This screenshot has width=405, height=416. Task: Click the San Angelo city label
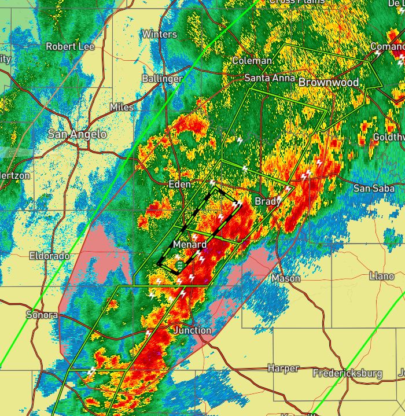pyautogui.click(x=77, y=134)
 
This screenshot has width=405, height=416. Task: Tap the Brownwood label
pyautogui.click(x=329, y=83)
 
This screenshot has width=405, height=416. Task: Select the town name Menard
pyautogui.click(x=190, y=245)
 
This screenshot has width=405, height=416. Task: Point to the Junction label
pyautogui.click(x=193, y=330)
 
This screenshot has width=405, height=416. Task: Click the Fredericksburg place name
pyautogui.click(x=347, y=373)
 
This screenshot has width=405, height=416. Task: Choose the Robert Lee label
pyautogui.click(x=70, y=46)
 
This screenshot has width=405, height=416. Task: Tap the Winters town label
pyautogui.click(x=159, y=34)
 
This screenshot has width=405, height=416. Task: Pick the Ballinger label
pyautogui.click(x=163, y=78)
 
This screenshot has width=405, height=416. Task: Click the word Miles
pyautogui.click(x=122, y=108)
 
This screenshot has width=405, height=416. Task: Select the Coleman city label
pyautogui.click(x=252, y=61)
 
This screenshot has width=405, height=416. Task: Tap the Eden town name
pyautogui.click(x=179, y=184)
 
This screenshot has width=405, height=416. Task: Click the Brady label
pyautogui.click(x=268, y=201)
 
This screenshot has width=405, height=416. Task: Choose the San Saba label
pyautogui.click(x=374, y=188)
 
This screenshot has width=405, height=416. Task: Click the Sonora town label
pyautogui.click(x=42, y=315)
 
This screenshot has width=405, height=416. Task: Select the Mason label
pyautogui.click(x=286, y=278)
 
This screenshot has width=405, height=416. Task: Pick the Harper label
pyautogui.click(x=283, y=368)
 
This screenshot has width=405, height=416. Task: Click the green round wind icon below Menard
pyautogui.click(x=180, y=265)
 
